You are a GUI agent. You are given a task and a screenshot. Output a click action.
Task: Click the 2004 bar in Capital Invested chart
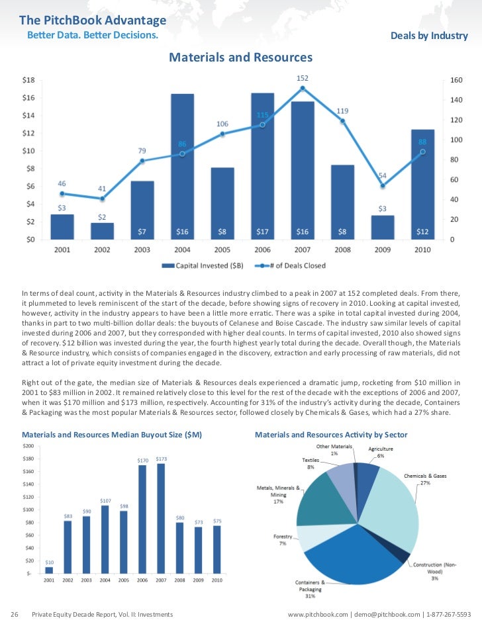pos(182,165)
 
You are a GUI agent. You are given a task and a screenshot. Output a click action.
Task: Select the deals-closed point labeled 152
pos(303,88)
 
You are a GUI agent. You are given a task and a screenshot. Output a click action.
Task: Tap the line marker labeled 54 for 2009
pos(383,185)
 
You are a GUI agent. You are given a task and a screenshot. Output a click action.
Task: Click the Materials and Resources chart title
pos(240,58)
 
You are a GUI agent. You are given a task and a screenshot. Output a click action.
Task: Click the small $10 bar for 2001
pos(49,569)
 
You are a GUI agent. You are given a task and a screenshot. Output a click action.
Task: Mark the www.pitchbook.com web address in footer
pos(318,615)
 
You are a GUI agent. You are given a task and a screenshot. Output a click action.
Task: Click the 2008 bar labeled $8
pos(342,202)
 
